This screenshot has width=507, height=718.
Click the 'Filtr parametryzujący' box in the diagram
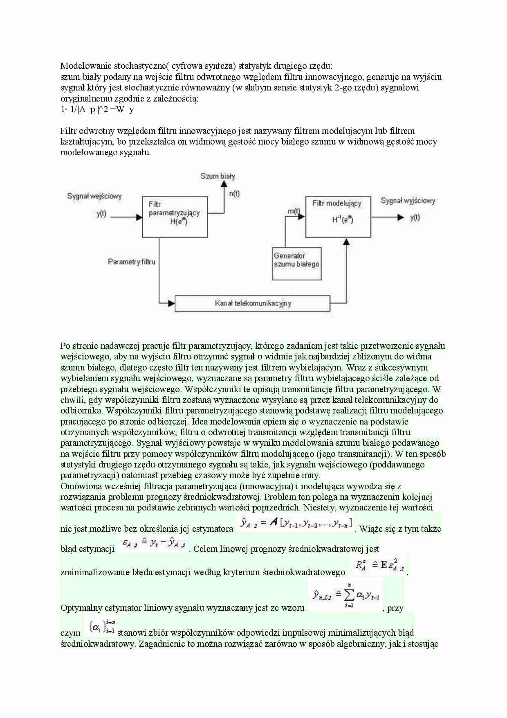pos(175,217)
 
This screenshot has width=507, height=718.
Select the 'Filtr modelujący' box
pos(338,217)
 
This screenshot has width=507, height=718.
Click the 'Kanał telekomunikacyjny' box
pos(252,303)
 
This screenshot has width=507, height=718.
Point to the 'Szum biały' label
pos(218,176)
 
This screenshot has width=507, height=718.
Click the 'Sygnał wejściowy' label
pos(94,196)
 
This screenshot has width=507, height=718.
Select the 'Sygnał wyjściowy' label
pos(408,201)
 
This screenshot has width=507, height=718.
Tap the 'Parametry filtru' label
pos(131,262)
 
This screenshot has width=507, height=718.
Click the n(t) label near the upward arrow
pos(234,194)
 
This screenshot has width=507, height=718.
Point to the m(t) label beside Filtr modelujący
pos(293,211)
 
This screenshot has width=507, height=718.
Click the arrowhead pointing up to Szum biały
pos(224,184)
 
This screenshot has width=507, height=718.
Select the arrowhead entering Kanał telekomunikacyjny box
pos(171,303)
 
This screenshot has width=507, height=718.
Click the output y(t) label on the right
pos(415,217)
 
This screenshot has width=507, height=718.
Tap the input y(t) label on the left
pos(101,214)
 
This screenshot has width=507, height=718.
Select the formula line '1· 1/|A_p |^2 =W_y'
pos(97,109)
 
